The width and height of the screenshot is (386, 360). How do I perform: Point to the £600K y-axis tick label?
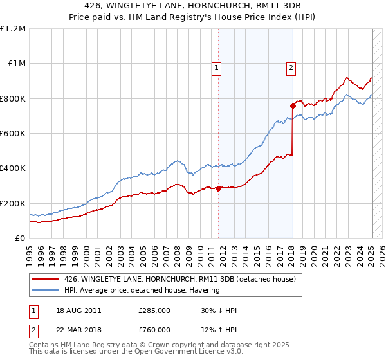13,134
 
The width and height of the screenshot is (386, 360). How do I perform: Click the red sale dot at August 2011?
219,188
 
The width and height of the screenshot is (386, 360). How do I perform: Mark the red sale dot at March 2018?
293,105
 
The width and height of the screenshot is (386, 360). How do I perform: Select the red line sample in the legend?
45,279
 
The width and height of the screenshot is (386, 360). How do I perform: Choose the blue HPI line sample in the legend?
45,290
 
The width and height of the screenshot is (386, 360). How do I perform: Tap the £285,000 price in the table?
154,310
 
